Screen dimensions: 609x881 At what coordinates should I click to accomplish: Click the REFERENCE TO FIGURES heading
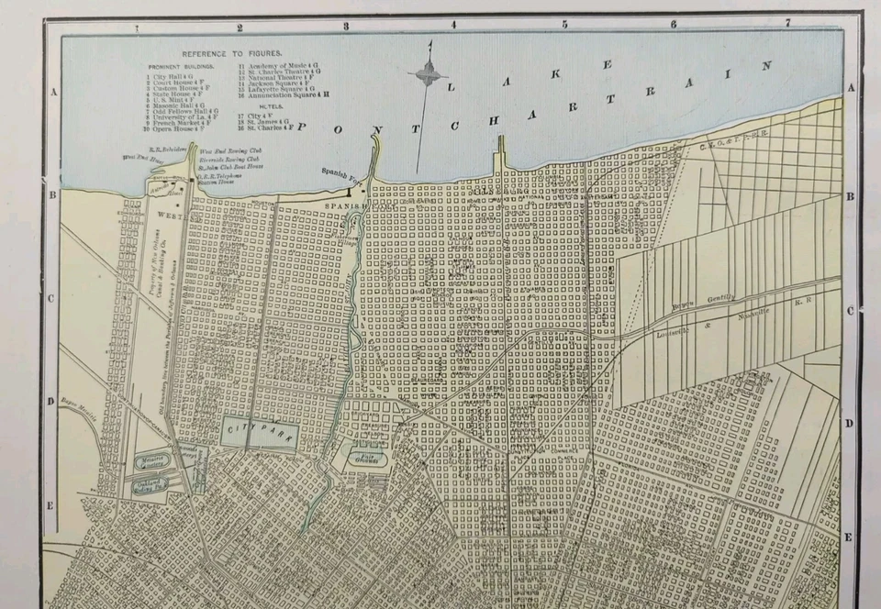click(x=231, y=54)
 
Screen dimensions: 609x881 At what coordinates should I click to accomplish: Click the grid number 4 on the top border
click(x=452, y=24)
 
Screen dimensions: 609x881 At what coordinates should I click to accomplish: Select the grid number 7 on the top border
click(x=786, y=22)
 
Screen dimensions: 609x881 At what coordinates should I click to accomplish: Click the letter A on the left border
click(x=53, y=92)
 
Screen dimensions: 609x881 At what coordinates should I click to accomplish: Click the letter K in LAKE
click(x=607, y=65)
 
